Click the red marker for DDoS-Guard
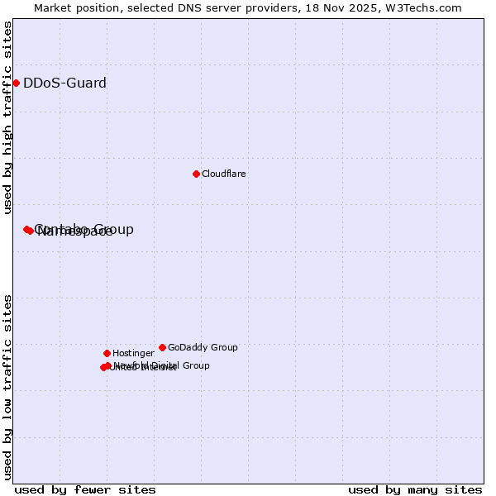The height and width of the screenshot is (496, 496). tap(16, 83)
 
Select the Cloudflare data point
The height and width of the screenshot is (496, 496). tap(196, 174)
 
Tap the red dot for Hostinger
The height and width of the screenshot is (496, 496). tap(107, 353)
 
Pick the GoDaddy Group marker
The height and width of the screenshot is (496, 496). tap(162, 347)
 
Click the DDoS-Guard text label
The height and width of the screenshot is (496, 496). tap(64, 83)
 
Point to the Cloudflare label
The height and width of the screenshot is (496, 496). tap(224, 174)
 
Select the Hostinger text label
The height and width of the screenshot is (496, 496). tap(133, 353)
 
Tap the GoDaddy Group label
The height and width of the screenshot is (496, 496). tap(203, 347)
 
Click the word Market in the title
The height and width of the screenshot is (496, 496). tap(54, 7)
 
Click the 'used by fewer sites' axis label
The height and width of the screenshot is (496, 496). tap(85, 489)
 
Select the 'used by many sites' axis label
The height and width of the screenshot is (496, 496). tap(415, 489)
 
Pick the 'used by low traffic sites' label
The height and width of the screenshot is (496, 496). tap(7, 387)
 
